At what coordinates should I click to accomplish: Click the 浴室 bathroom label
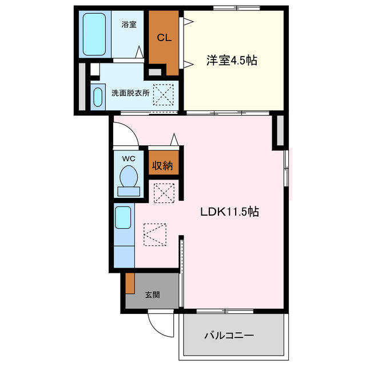[129, 25]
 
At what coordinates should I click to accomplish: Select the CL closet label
[165, 38]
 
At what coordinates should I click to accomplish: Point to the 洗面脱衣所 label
[130, 93]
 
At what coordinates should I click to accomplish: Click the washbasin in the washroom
[97, 96]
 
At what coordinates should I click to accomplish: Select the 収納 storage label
[162, 166]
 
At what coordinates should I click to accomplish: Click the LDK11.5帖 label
[229, 212]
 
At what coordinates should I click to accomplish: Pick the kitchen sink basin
[123, 218]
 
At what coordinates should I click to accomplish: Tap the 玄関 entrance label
[152, 295]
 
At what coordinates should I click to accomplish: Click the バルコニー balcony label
[229, 336]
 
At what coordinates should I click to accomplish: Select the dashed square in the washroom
[166, 94]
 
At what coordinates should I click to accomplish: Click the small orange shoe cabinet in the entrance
[130, 283]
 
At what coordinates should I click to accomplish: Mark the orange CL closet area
[164, 51]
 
